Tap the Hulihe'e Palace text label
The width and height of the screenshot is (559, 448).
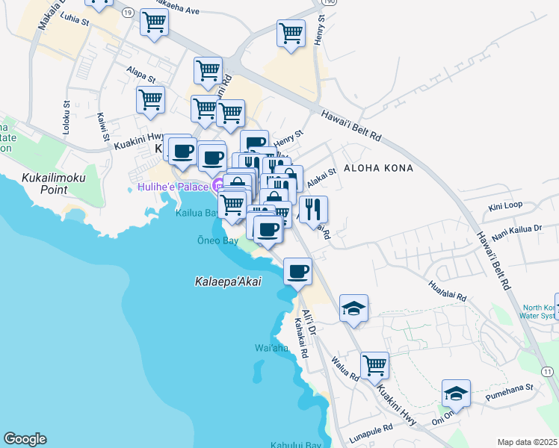[x=173, y=186]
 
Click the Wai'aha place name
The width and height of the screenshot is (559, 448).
[x=271, y=348]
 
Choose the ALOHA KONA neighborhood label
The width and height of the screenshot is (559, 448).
[x=377, y=169]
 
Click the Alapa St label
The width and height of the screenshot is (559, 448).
[x=140, y=74]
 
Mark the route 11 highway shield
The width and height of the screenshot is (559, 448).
[x=548, y=371]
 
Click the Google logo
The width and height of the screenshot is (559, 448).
[x=25, y=439]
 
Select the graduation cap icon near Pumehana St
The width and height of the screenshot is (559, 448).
[x=456, y=392]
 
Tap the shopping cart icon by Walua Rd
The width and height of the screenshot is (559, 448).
[x=374, y=365]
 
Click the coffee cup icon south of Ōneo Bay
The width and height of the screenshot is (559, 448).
[x=297, y=271]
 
